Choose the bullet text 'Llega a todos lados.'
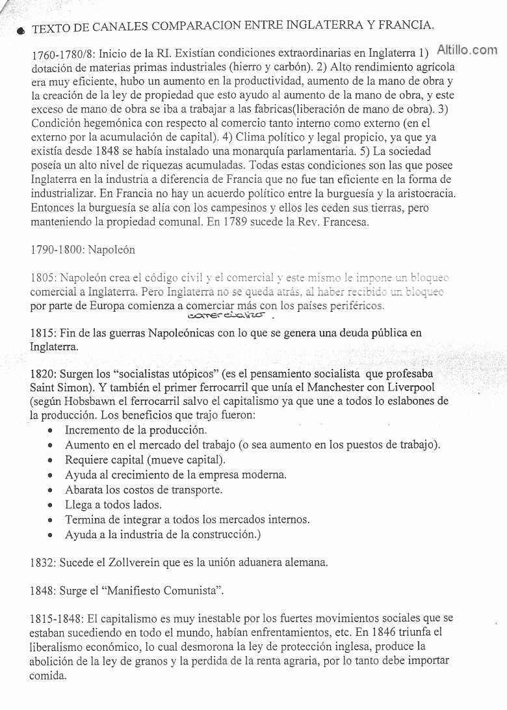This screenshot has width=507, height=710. click(x=113, y=504)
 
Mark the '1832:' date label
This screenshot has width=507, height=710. click(x=43, y=562)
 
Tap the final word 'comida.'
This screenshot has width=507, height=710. click(x=48, y=675)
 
